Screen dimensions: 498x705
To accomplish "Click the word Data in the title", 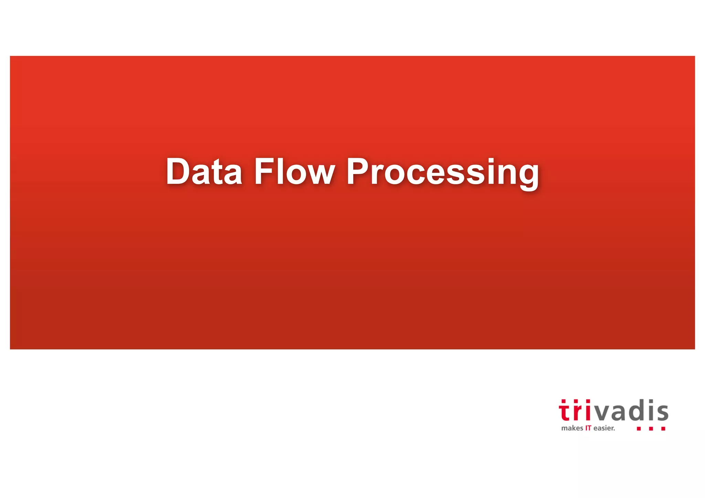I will pos(204,171).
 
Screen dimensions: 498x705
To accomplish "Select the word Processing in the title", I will pos(443,172).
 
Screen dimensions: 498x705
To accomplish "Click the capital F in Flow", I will pos(263,171).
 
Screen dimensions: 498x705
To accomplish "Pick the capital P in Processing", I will pos(358,171).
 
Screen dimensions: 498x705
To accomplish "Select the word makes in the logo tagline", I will pos(572,428).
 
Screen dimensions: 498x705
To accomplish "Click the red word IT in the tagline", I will pos(588,428).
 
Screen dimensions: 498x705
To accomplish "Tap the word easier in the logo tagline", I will pos(604,428).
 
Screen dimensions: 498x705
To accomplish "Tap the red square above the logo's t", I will pos(564,401).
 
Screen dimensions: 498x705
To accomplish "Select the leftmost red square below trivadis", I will pos(639,429).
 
